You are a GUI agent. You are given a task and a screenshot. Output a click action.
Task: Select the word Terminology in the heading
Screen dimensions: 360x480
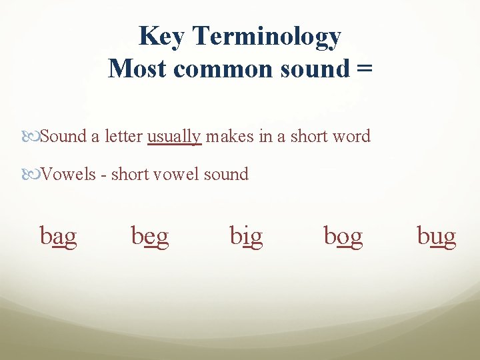pyautogui.click(x=267, y=38)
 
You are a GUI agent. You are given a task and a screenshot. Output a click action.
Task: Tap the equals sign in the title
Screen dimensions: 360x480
pyautogui.click(x=364, y=68)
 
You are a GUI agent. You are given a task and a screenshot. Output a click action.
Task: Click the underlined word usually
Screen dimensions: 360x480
pyautogui.click(x=174, y=137)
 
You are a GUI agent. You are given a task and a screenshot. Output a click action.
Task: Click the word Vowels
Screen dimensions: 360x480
pyautogui.click(x=69, y=175)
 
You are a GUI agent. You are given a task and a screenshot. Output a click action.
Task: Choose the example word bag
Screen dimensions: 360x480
pyautogui.click(x=59, y=236)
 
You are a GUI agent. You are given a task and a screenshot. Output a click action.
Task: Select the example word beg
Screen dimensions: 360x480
pyautogui.click(x=150, y=236)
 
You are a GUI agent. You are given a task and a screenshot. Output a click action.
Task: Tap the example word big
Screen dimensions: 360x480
pyautogui.click(x=246, y=236)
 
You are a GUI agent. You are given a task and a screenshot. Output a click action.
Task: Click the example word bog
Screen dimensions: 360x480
pyautogui.click(x=343, y=236)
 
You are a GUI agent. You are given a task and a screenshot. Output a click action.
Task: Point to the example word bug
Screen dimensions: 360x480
pyautogui.click(x=437, y=236)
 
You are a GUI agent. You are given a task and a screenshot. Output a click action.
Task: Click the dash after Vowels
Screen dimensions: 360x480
pyautogui.click(x=103, y=175)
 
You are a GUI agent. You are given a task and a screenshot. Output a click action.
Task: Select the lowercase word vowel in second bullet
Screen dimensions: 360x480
pyautogui.click(x=175, y=175)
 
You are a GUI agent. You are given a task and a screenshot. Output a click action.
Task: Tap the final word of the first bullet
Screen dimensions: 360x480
pyautogui.click(x=351, y=137)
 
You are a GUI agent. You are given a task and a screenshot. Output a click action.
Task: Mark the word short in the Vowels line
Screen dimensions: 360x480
pyautogui.click(x=131, y=175)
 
